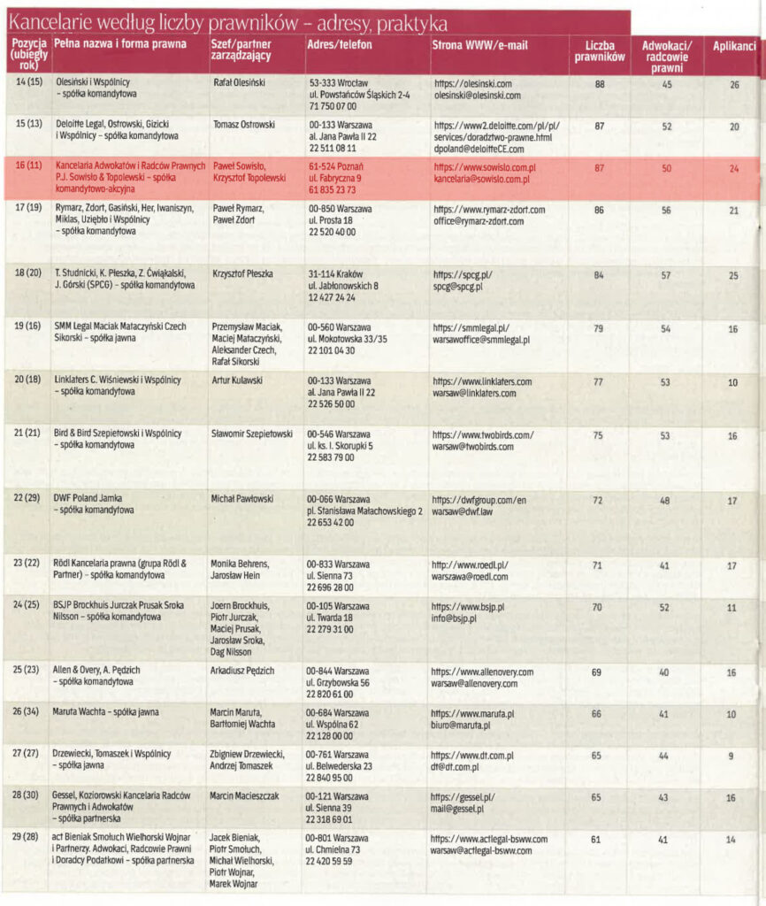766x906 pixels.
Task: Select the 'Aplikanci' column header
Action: pos(734,45)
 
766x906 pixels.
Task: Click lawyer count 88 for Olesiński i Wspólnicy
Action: pos(600,84)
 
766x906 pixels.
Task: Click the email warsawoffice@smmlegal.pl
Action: pos(481,340)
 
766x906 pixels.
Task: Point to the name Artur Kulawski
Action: pos(240,380)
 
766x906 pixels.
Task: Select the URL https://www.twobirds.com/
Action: pos(483,434)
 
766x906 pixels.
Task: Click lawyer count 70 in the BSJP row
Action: pos(597,607)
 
